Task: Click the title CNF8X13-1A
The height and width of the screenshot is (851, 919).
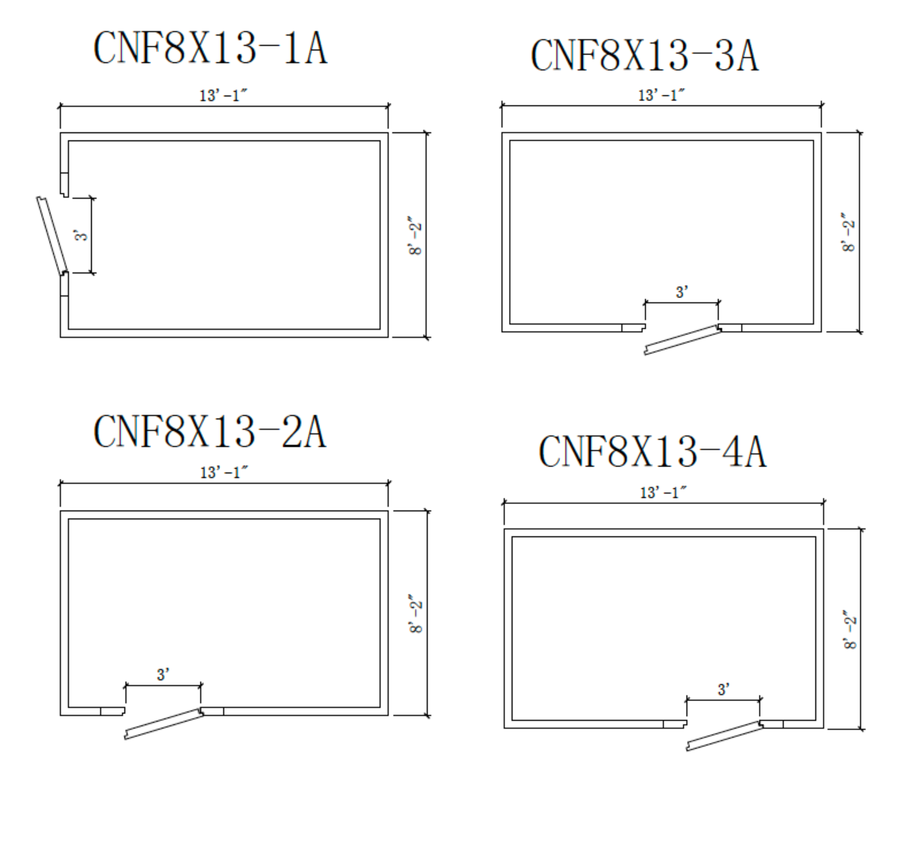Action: coord(210,47)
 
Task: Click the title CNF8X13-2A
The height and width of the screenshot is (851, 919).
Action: coord(210,431)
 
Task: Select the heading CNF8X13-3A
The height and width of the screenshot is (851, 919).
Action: coord(644,55)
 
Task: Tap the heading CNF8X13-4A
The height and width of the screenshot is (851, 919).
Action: coord(652,452)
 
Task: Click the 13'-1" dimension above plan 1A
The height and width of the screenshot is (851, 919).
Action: coord(223,95)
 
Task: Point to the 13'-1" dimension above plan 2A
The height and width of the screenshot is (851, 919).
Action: coord(224,472)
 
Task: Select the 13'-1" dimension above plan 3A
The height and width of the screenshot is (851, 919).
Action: coord(661,95)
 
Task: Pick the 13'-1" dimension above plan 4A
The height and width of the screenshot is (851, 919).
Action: coord(663,492)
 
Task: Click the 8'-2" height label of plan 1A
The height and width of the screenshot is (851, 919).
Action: coord(415,235)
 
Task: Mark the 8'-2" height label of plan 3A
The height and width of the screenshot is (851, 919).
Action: coord(848,232)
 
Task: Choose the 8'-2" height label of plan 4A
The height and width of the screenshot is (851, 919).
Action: coord(850,629)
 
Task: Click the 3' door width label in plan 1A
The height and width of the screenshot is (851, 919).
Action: coord(81,235)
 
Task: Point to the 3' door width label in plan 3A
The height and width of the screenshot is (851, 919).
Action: coord(682,292)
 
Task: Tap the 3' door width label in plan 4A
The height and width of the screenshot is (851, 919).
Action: coord(723,689)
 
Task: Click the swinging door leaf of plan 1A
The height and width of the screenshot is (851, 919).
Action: coord(52,236)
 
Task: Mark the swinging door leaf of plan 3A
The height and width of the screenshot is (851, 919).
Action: coord(682,341)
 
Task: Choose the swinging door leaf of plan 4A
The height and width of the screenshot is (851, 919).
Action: coord(724,736)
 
